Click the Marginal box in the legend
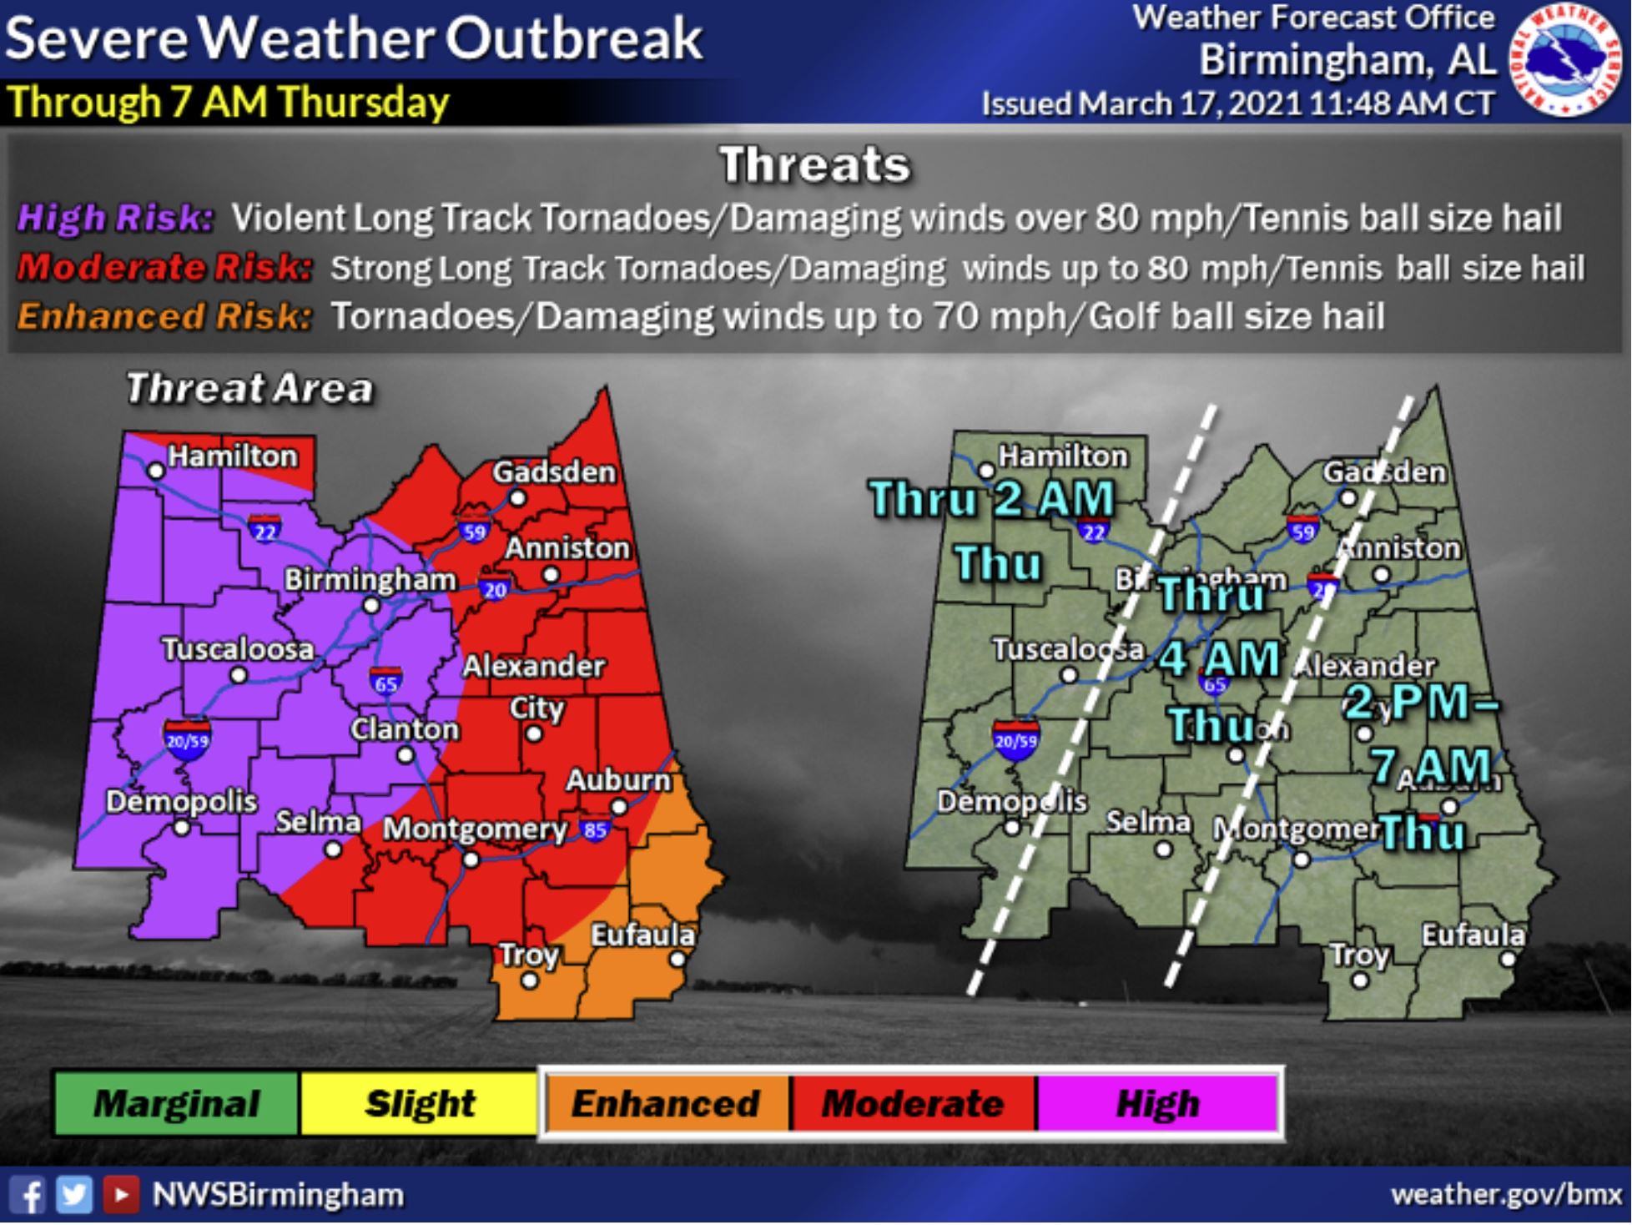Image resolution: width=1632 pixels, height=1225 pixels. click(x=176, y=1103)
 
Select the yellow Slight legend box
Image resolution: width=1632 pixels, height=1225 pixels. click(x=420, y=1103)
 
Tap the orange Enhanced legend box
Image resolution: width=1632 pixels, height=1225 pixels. click(x=666, y=1103)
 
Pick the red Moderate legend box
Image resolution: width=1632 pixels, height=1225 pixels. click(x=912, y=1103)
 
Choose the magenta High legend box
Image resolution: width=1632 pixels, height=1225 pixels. click(x=1157, y=1103)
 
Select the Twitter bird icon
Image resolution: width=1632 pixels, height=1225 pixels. click(x=73, y=1195)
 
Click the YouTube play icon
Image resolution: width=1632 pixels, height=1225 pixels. click(x=121, y=1195)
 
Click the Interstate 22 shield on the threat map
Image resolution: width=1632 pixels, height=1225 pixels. click(x=264, y=530)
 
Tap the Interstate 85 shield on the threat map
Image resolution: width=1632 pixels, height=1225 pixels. click(x=594, y=830)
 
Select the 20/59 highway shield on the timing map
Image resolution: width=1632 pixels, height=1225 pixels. click(x=1015, y=739)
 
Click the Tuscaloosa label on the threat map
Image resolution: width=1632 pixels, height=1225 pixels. click(x=238, y=649)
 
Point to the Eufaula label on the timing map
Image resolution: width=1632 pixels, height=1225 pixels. click(x=1473, y=935)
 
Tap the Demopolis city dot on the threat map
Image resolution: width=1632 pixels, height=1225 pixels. click(x=182, y=828)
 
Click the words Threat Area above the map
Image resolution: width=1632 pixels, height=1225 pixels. click(x=249, y=389)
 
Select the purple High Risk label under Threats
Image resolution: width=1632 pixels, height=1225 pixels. click(x=115, y=218)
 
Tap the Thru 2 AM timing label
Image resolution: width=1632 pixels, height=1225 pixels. click(x=992, y=499)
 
